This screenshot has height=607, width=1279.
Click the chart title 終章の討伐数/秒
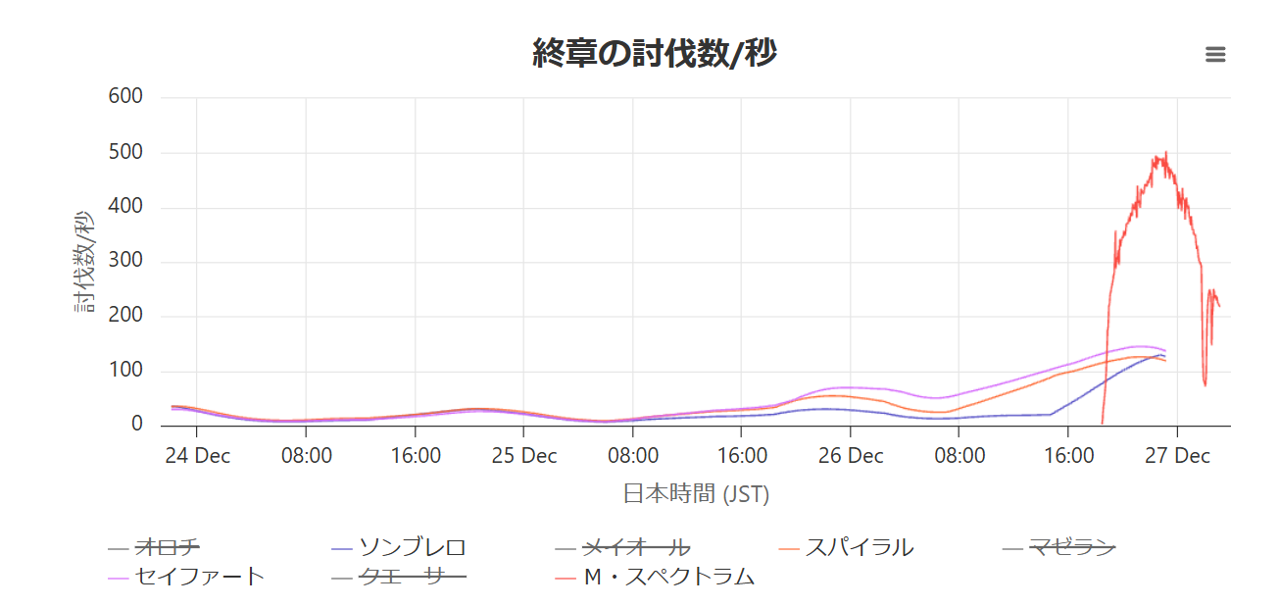[654, 53]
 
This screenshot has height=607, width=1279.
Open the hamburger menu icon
[1215, 55]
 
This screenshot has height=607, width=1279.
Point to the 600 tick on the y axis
[125, 96]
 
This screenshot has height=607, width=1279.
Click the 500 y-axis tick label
[125, 152]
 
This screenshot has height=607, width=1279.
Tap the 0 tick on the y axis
[137, 425]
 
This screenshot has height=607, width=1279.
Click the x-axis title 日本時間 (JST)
[696, 493]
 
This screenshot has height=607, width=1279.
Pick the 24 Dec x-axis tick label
[198, 456]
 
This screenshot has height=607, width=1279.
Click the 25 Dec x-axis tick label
[523, 456]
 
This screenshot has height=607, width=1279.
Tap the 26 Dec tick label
[851, 456]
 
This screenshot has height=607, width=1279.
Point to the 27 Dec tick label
[1178, 456]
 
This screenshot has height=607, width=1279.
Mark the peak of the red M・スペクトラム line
[1165, 153]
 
